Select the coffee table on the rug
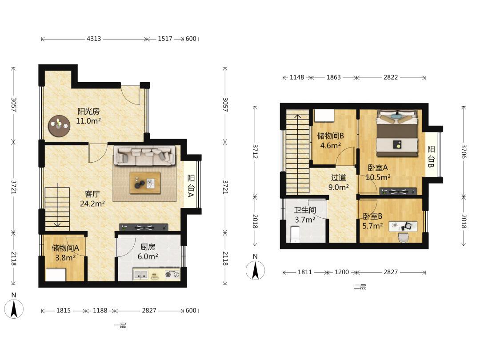[145, 183]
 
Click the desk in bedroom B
[403, 227]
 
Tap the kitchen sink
[141, 275]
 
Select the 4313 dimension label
[94, 39]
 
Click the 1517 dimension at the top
[165, 39]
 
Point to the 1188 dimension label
[100, 310]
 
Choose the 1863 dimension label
[333, 77]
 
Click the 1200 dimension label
[341, 272]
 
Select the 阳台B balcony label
[431, 156]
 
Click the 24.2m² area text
[92, 204]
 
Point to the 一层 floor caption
[120, 325]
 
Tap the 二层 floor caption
[360, 287]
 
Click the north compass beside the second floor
[255, 270]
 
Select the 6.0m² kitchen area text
[148, 256]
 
